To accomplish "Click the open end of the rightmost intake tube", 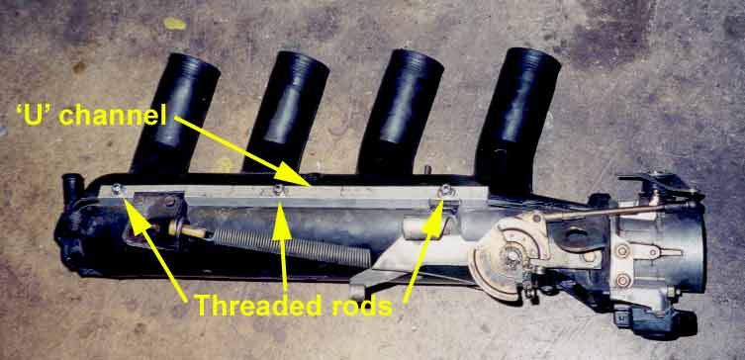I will click(532, 60).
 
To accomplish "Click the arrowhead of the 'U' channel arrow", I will click(312, 183).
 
